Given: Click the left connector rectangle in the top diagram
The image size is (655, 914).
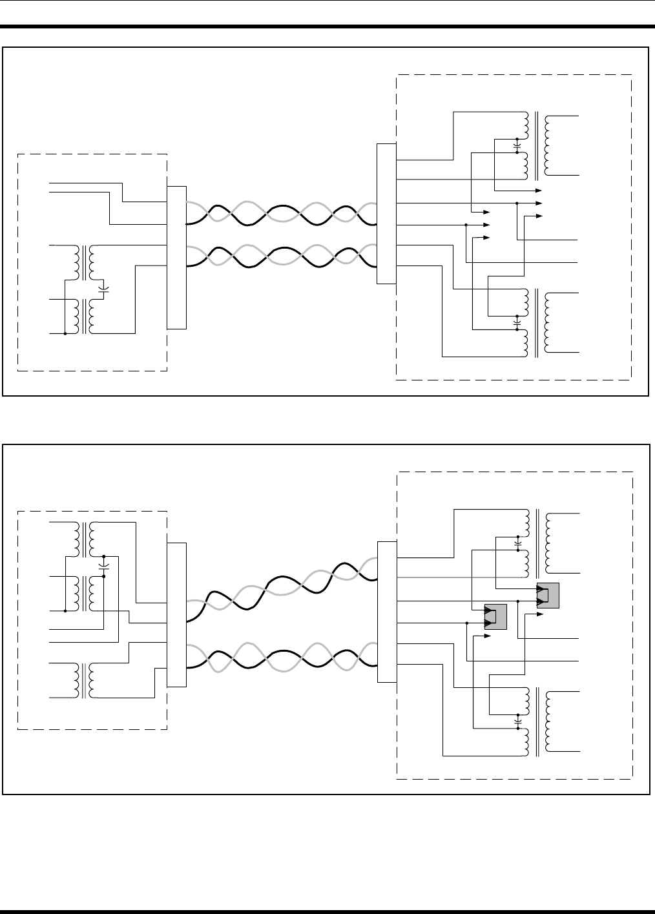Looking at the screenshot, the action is [x=176, y=257].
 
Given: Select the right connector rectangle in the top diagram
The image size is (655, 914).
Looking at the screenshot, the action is [x=386, y=214].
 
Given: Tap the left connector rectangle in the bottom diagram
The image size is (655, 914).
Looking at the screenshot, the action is [x=176, y=614].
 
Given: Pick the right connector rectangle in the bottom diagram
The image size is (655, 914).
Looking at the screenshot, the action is [x=386, y=611].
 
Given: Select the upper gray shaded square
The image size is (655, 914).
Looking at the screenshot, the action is [x=548, y=595].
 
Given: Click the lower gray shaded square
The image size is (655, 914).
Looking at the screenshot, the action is [x=495, y=617].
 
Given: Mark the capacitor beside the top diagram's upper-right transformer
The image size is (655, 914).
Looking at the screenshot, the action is [x=517, y=146].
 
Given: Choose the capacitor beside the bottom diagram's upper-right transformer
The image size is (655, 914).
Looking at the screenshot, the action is [x=517, y=545].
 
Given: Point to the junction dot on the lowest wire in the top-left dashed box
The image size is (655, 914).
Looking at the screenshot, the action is [x=65, y=334].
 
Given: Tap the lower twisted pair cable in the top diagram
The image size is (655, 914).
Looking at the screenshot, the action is [x=281, y=257].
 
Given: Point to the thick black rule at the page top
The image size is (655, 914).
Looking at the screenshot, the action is [x=327, y=27].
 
